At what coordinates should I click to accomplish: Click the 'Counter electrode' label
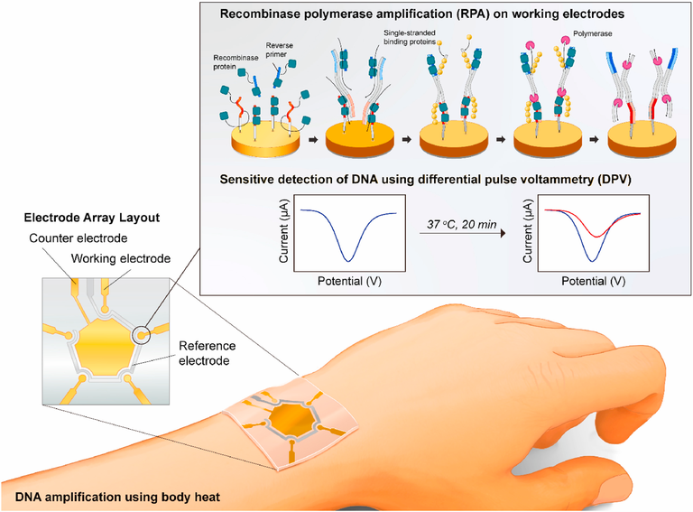(79, 238)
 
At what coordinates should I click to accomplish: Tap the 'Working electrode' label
(121, 258)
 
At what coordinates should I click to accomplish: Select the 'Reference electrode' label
(207, 353)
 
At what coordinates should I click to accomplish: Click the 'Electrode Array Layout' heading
(92, 218)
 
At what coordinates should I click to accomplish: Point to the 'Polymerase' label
(592, 33)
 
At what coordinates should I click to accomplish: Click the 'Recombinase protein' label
(236, 62)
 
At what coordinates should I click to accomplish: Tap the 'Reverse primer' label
(279, 50)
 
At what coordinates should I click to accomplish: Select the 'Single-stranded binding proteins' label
(410, 37)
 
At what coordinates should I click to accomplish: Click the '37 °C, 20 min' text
(461, 225)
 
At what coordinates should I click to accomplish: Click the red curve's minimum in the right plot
(596, 237)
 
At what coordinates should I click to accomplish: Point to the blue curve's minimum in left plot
(348, 261)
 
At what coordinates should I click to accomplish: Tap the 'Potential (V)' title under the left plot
(349, 281)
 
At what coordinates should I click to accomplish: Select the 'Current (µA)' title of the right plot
(528, 231)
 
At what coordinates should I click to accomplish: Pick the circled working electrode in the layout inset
(142, 336)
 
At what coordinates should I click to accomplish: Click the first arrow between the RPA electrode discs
(313, 140)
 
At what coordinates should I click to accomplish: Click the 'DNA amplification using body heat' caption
(117, 497)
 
